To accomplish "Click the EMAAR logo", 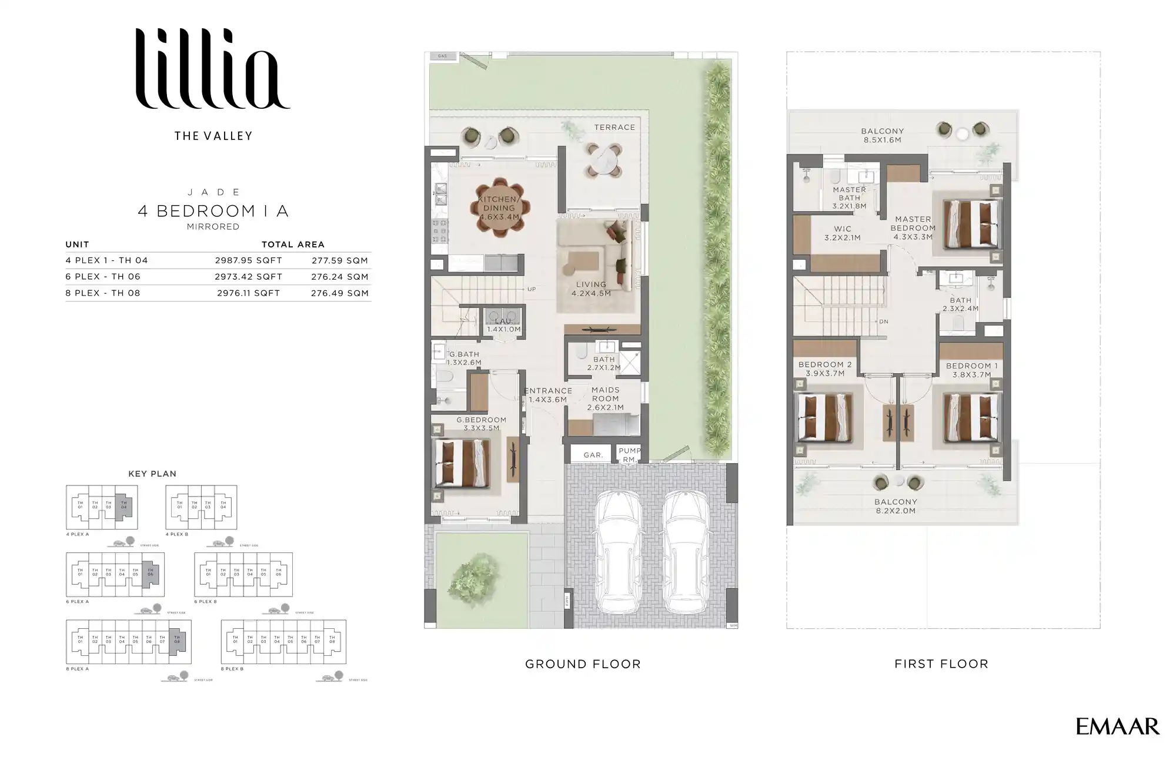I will click(1117, 726).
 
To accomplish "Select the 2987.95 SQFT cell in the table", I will click(248, 260).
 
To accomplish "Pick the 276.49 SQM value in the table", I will click(340, 293).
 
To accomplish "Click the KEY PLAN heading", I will click(152, 474).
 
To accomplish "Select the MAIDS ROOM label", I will click(605, 398).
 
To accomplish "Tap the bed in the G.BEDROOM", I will click(462, 463).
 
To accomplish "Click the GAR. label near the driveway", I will click(593, 455).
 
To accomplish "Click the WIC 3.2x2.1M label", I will click(842, 233).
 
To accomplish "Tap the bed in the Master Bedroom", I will click(971, 224).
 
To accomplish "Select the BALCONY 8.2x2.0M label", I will click(896, 506).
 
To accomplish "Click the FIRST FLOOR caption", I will click(941, 664).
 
